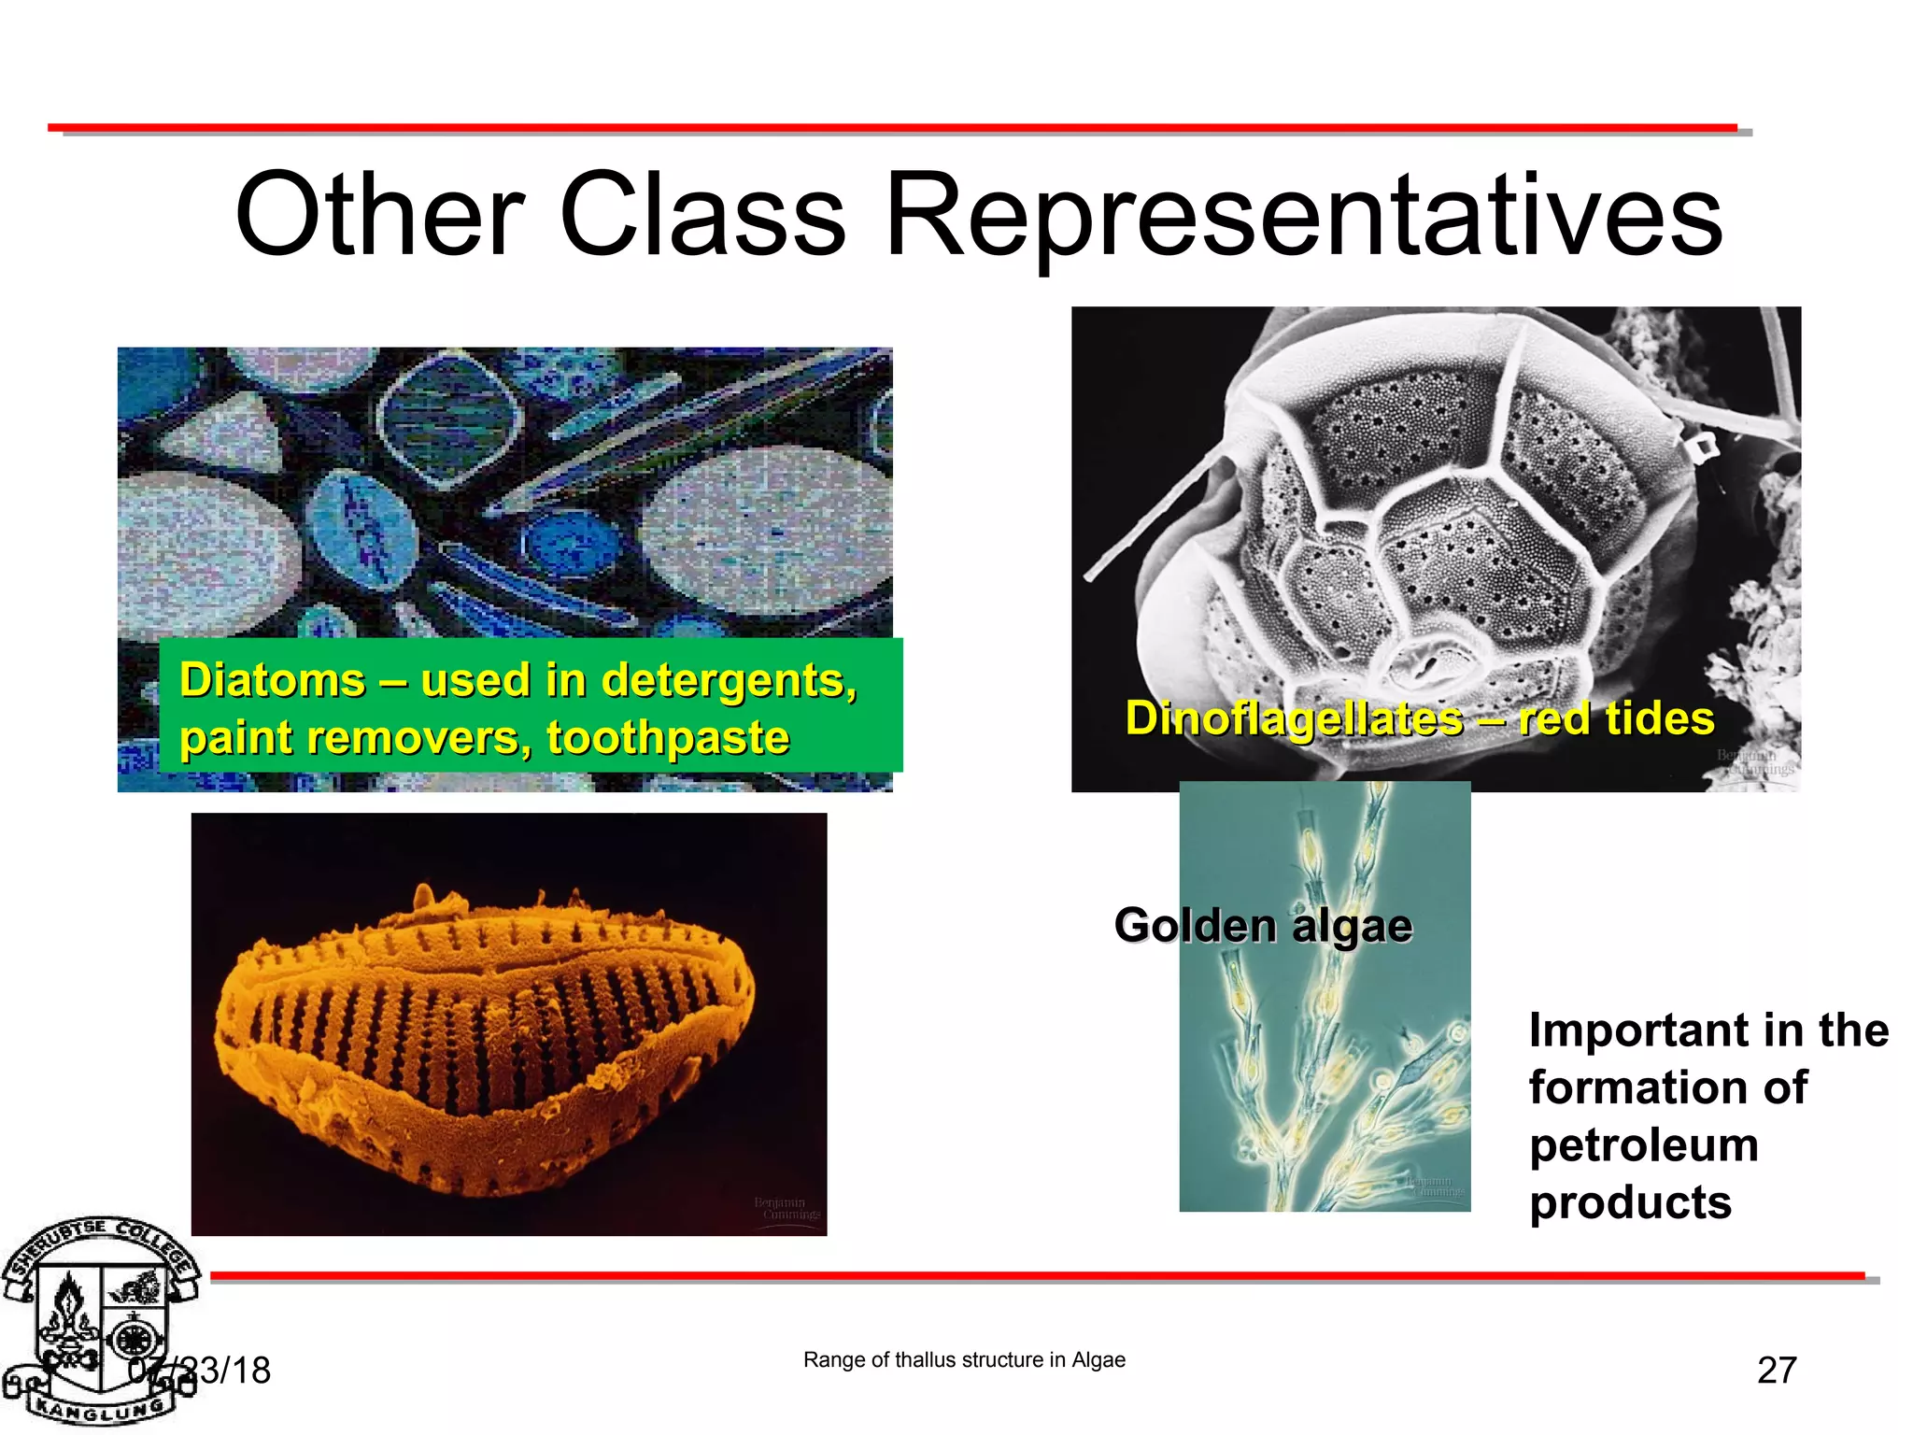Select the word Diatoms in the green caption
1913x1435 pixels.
pyautogui.click(x=272, y=679)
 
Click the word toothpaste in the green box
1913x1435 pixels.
pyautogui.click(x=668, y=737)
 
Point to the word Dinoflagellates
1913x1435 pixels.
pyautogui.click(x=1294, y=718)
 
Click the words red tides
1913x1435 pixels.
pyautogui.click(x=1616, y=718)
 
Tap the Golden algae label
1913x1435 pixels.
pyautogui.click(x=1263, y=925)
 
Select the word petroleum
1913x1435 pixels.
pyautogui.click(x=1644, y=1144)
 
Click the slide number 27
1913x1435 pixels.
pyautogui.click(x=1777, y=1371)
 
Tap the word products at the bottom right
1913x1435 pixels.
pyautogui.click(x=1630, y=1202)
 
